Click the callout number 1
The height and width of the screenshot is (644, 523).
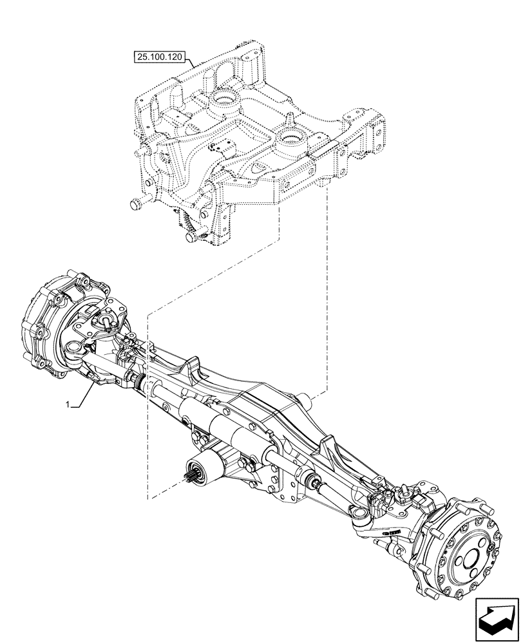pyautogui.click(x=67, y=405)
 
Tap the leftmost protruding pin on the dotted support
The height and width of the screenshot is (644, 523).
pyautogui.click(x=135, y=205)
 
